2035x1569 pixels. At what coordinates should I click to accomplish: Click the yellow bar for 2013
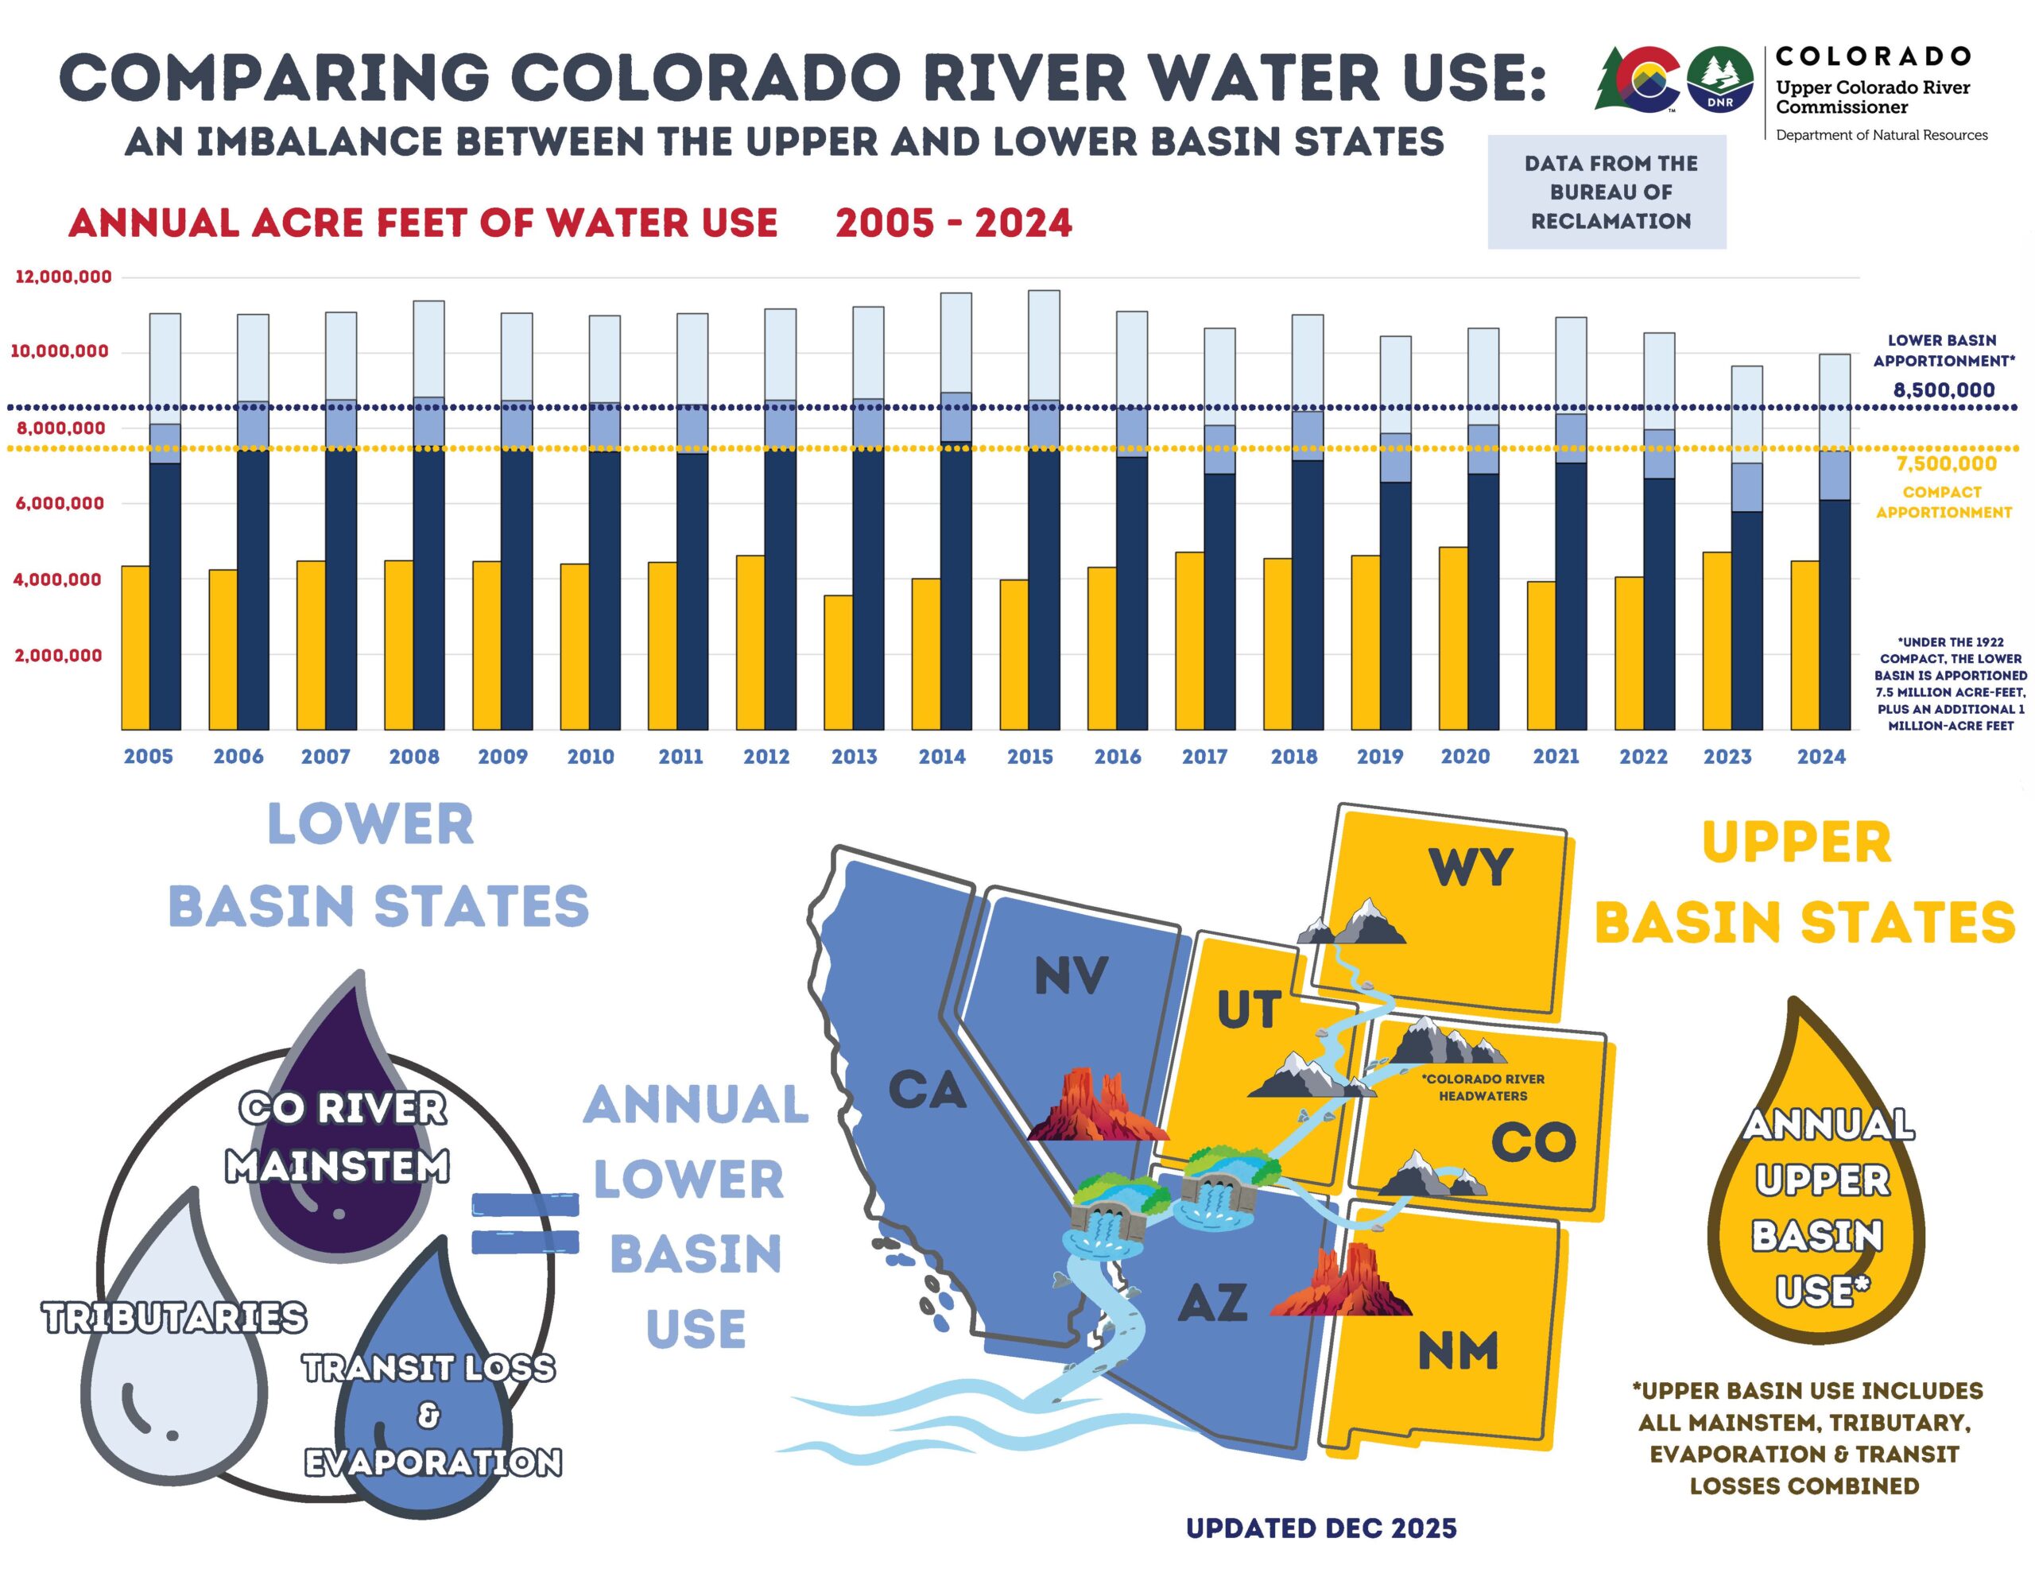coord(838,661)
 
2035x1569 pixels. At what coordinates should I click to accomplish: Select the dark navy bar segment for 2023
coord(1746,620)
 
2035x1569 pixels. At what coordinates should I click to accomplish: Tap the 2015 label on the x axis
coord(1029,757)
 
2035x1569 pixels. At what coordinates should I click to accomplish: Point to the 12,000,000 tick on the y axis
coord(64,277)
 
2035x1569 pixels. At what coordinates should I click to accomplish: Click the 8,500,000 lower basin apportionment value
coord(1944,389)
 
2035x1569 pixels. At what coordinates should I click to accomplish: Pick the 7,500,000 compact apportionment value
coord(1945,464)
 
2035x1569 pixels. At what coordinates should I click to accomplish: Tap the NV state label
coord(1072,976)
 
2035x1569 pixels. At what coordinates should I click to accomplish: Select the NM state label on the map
coord(1457,1351)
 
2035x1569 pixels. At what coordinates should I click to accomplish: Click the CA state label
coord(927,1090)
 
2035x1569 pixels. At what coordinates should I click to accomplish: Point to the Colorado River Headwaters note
coord(1483,1087)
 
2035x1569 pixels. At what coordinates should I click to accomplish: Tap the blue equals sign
coord(525,1223)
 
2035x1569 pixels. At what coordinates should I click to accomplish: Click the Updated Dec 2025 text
coord(1320,1528)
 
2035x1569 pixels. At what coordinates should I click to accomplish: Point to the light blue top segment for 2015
coord(1044,345)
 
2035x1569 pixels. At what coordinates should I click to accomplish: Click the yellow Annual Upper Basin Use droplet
coord(1817,1211)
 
